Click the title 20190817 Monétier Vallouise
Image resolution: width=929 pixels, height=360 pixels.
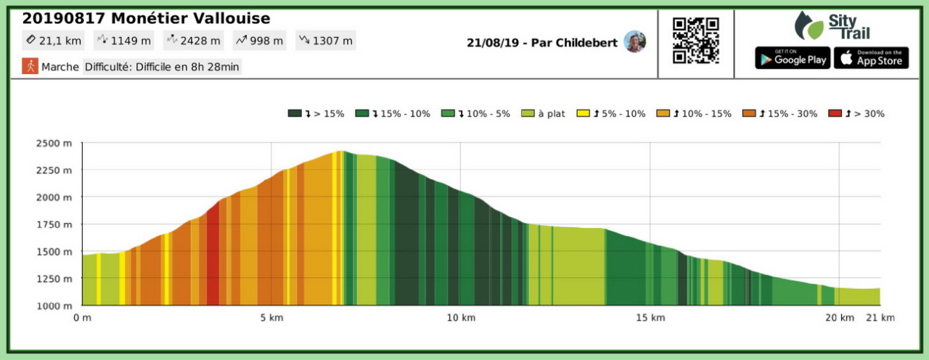click(x=147, y=18)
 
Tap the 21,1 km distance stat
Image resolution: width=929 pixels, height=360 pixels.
click(x=54, y=41)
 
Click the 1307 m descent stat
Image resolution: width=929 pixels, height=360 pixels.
click(x=327, y=41)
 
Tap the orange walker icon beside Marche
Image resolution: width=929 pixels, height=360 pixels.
click(x=30, y=66)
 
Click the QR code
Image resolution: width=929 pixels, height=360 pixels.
click(x=696, y=41)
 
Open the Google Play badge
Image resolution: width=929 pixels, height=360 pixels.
click(x=793, y=58)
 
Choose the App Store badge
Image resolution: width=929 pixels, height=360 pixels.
click(x=871, y=58)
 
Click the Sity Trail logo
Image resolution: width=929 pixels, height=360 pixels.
click(x=832, y=25)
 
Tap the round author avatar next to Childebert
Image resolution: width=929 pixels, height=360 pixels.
click(x=634, y=41)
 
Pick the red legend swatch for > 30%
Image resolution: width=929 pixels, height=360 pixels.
click(x=835, y=113)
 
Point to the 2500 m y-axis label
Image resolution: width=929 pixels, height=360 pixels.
click(x=54, y=142)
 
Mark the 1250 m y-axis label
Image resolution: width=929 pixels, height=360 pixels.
click(x=54, y=279)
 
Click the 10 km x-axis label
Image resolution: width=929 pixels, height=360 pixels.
click(x=461, y=318)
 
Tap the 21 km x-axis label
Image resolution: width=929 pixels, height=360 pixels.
click(x=880, y=318)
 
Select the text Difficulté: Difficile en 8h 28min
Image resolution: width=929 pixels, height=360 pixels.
click(x=162, y=67)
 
